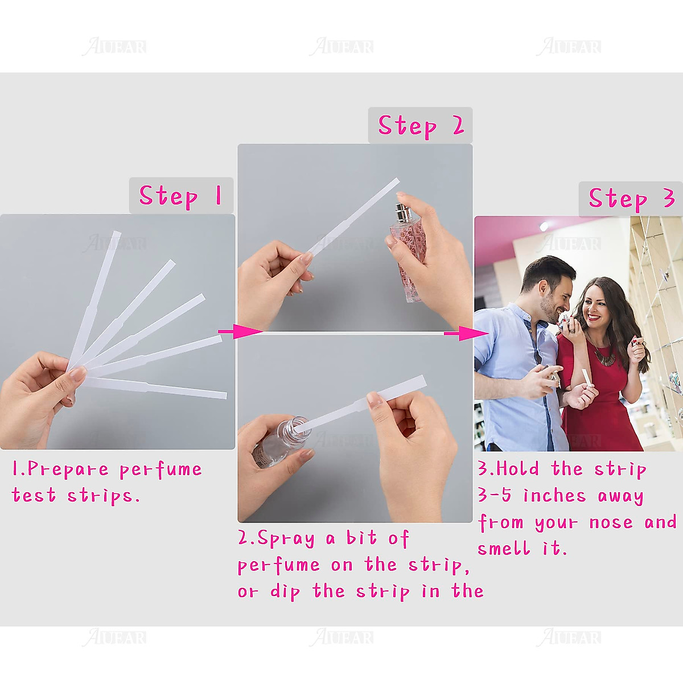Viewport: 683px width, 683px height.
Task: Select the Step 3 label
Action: (631, 199)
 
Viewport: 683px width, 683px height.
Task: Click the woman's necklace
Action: (603, 353)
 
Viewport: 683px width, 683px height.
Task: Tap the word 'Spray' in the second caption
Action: (286, 538)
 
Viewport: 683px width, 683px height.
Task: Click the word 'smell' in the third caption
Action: (504, 549)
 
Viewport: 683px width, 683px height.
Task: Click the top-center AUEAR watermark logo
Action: (341, 47)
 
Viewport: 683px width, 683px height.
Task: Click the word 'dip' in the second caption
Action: (285, 592)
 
